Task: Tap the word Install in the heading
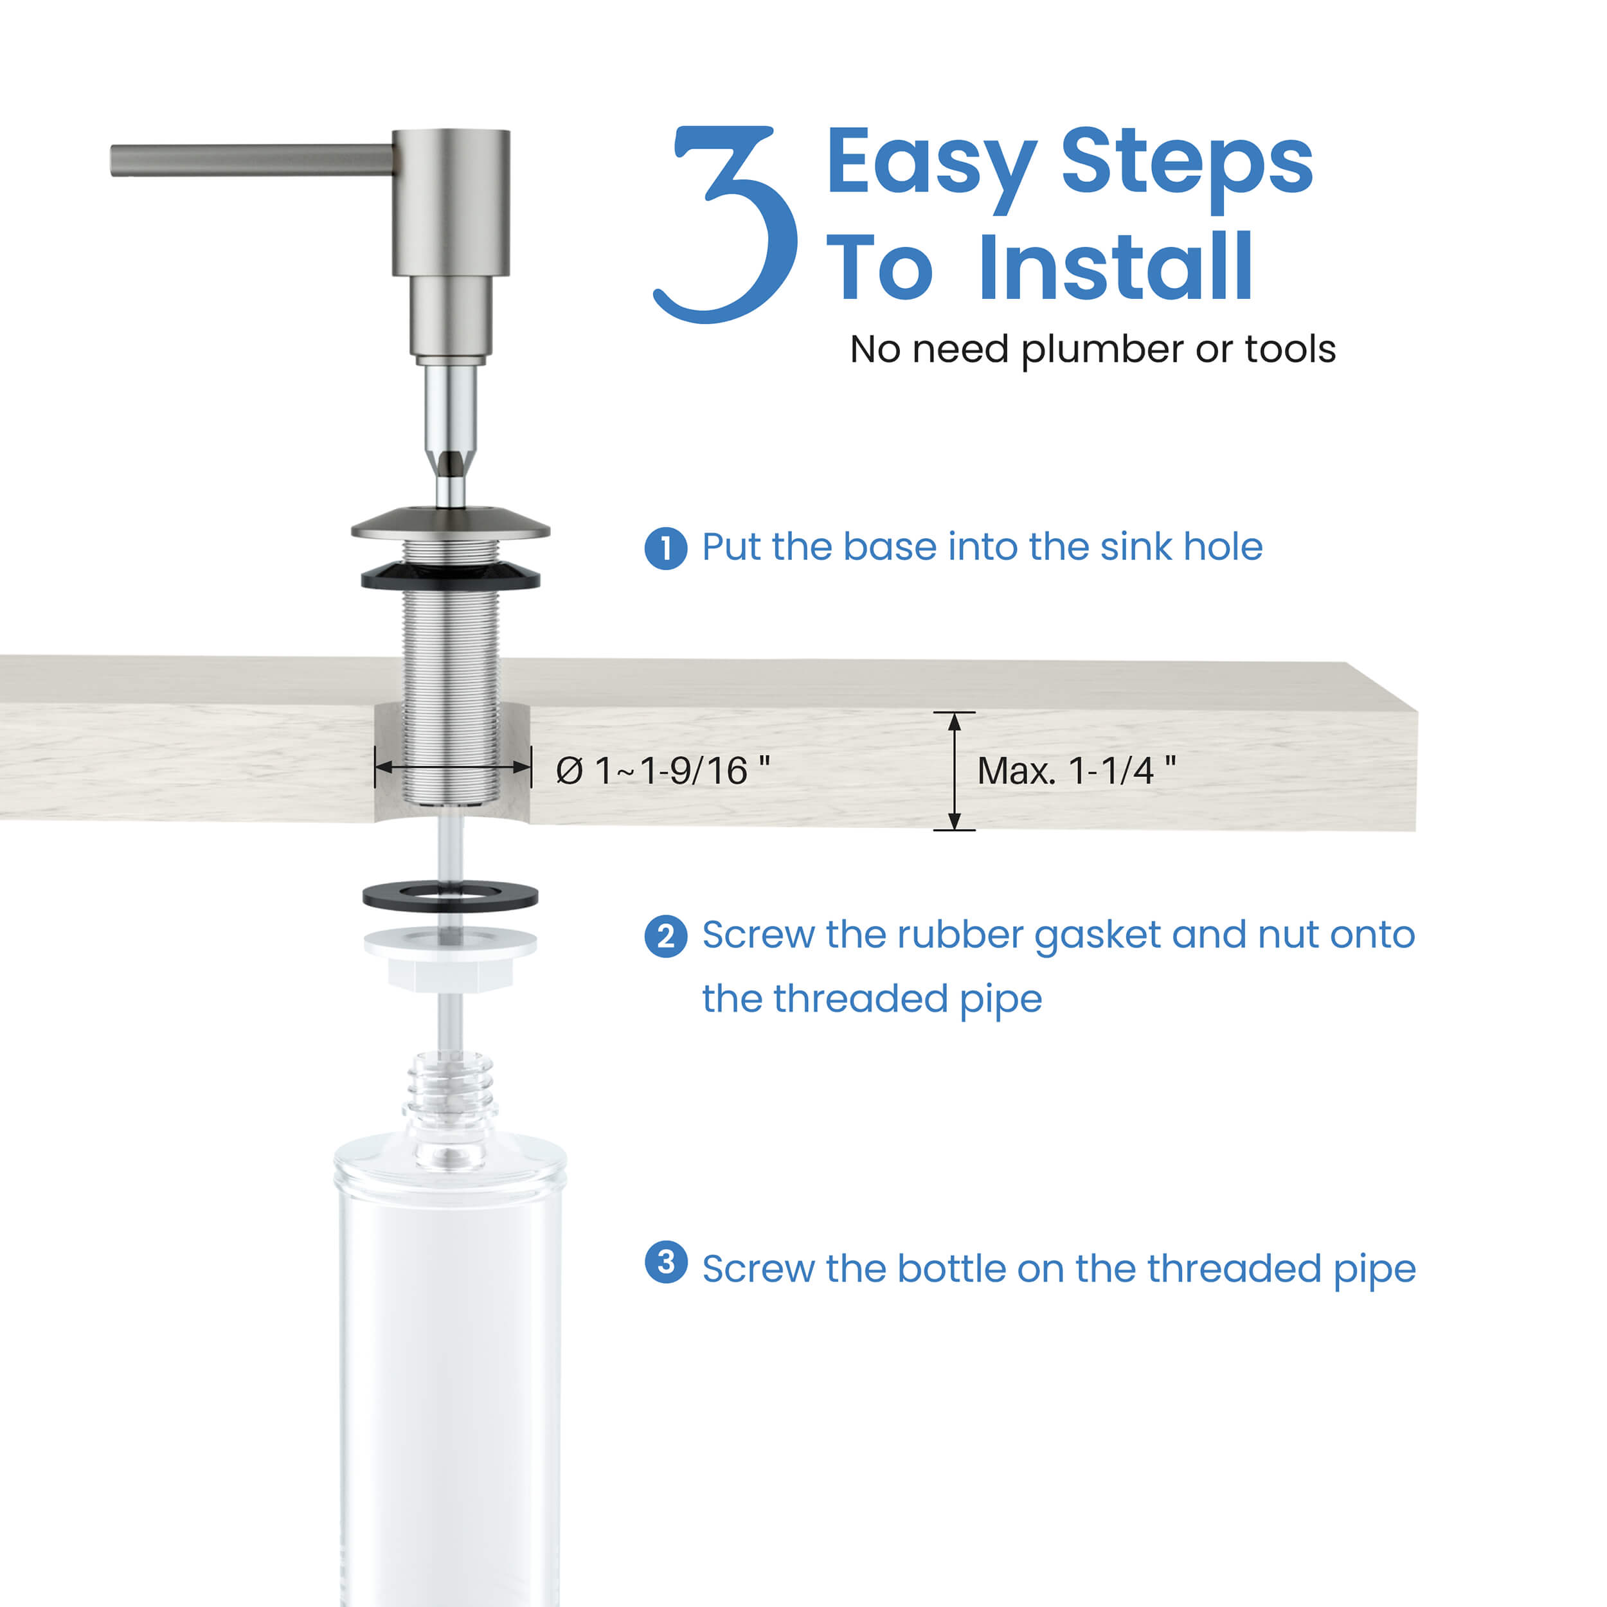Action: (x=1115, y=268)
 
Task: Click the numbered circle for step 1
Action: (x=665, y=548)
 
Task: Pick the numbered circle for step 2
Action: (x=665, y=937)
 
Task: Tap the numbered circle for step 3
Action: (x=665, y=1262)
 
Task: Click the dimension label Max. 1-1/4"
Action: (x=1076, y=771)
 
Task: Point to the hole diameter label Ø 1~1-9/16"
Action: (x=663, y=771)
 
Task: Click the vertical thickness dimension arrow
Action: (x=954, y=771)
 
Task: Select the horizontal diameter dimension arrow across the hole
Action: (x=453, y=767)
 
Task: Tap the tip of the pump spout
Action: (x=116, y=159)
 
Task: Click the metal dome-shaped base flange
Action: (x=450, y=524)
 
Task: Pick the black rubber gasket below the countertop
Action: (x=450, y=897)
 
